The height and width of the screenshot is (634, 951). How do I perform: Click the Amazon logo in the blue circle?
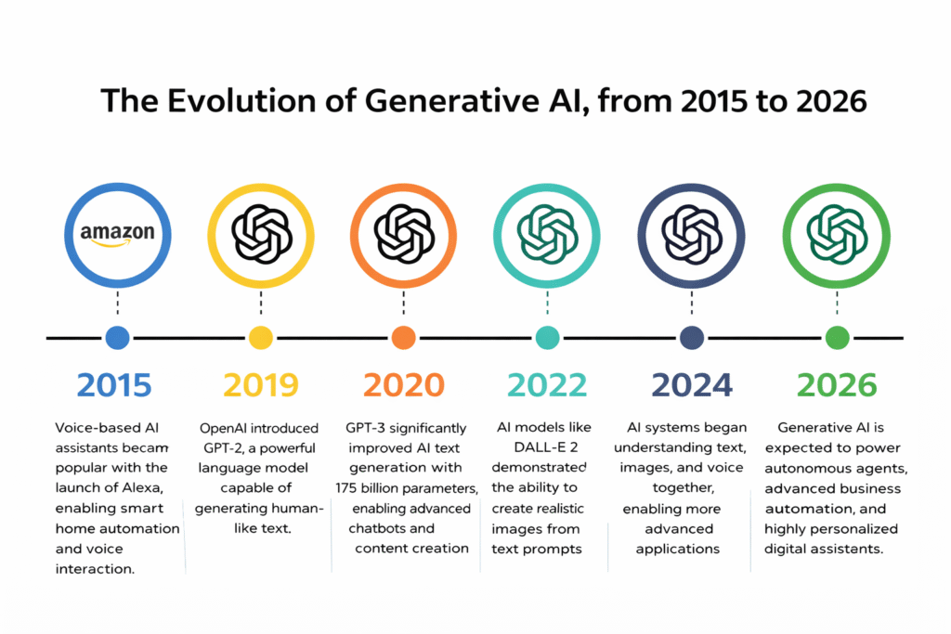point(118,235)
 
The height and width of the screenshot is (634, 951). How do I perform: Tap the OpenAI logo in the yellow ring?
point(261,235)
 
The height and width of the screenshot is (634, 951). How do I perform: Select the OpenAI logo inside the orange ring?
point(404,235)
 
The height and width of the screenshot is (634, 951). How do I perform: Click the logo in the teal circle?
point(547,235)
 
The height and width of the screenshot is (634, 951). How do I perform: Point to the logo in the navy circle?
point(691,235)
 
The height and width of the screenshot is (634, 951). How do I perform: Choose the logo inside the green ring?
point(837,235)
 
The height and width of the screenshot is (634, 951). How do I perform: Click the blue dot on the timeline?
point(118,338)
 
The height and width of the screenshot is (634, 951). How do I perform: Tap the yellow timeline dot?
point(261,338)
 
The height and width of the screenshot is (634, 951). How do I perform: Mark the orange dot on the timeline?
point(404,338)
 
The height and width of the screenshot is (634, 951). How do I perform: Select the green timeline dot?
point(837,338)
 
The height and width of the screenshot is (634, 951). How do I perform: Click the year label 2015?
point(114,385)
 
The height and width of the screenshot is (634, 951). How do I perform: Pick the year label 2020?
point(404,385)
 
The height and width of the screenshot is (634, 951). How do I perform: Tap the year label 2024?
point(692,385)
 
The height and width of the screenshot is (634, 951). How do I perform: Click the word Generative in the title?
point(452,100)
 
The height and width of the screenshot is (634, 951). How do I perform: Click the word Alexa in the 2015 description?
point(142,488)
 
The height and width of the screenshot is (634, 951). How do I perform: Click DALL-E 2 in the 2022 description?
point(546,447)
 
